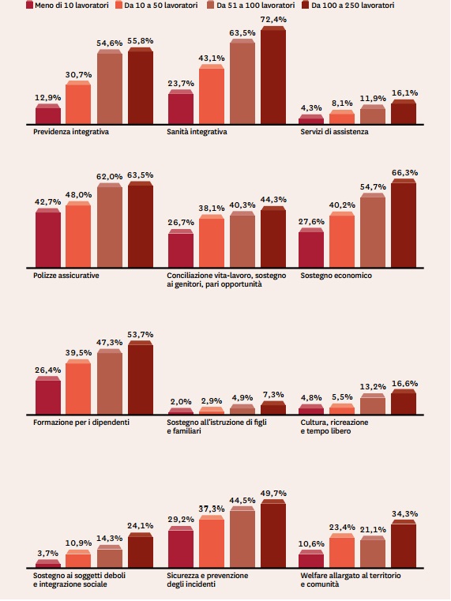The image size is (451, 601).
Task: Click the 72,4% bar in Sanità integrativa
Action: pos(273,75)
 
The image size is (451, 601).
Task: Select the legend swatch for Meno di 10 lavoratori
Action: pos(29,5)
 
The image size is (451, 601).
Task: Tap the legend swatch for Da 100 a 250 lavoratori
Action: pos(306,5)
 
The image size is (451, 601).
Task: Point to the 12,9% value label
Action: pos(48,98)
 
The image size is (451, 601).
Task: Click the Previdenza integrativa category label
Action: pos(71,131)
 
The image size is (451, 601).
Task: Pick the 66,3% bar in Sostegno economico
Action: pos(404,223)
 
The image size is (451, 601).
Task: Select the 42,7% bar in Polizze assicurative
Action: pos(48,238)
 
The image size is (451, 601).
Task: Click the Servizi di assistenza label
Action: pos(334,131)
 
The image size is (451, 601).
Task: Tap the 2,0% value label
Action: pos(181,401)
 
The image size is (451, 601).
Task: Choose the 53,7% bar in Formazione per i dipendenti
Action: pos(141,378)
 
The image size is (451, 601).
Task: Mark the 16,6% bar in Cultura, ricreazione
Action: pos(404,402)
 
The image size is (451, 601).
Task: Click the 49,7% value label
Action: pos(273,494)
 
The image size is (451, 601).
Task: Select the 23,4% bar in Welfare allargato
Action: pos(342,550)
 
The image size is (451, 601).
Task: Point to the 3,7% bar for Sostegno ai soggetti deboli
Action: pos(48,563)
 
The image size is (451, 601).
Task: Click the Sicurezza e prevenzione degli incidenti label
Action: pos(207,580)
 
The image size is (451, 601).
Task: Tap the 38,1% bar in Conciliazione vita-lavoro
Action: pos(212,241)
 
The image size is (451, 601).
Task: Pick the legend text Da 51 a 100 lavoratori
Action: pos(256,5)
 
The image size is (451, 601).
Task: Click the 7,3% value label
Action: pos(273,394)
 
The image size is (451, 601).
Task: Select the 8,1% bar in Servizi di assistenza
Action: pos(342,118)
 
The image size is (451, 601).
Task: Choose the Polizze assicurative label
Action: pos(66,275)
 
